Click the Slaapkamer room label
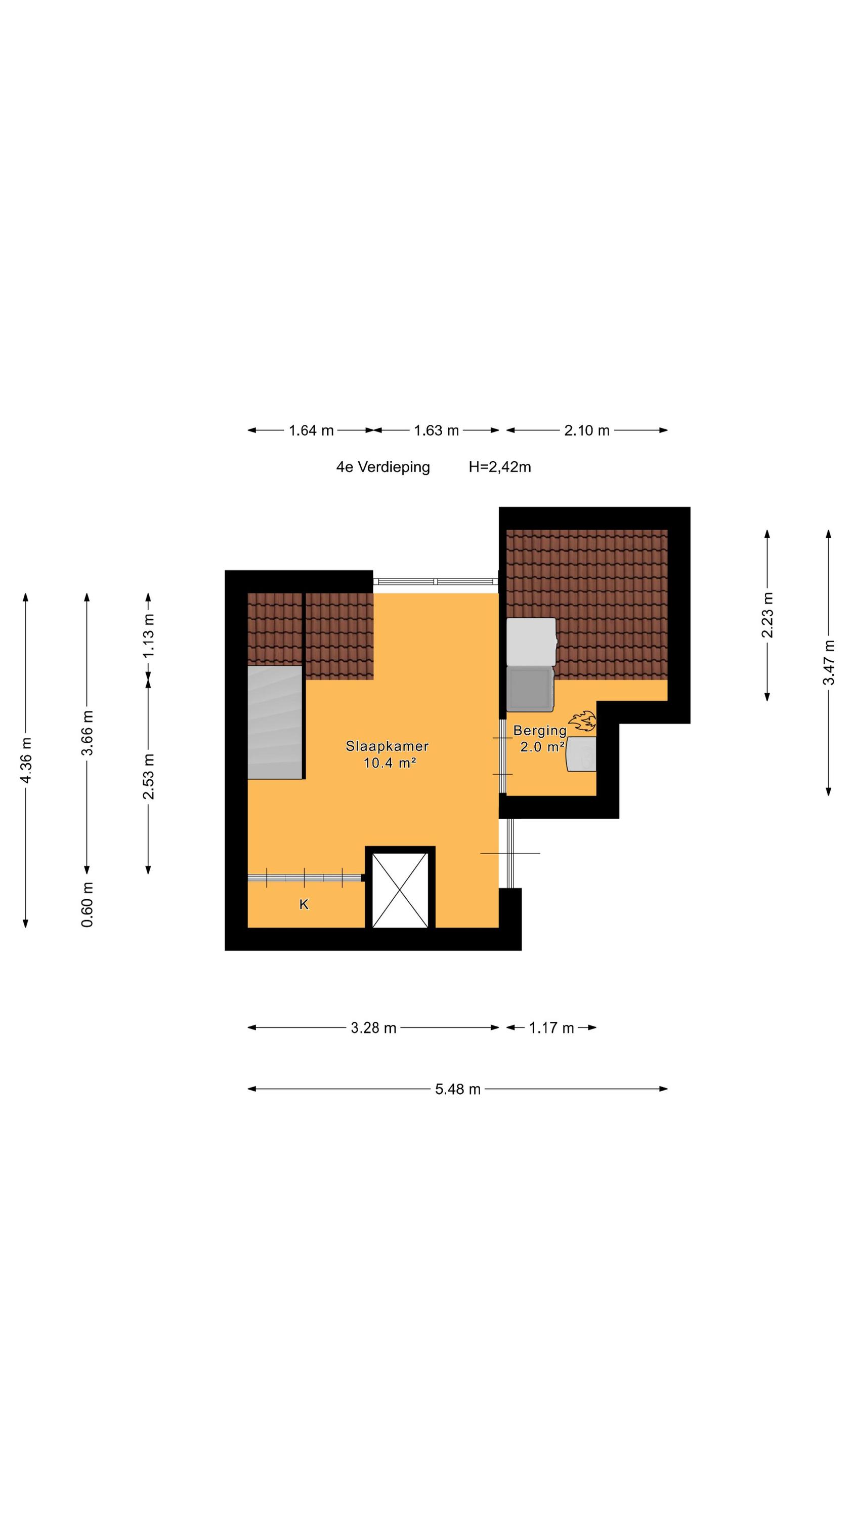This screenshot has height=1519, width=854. click(x=387, y=746)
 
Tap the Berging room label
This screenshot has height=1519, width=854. click(x=540, y=731)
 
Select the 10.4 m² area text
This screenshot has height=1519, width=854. click(x=390, y=763)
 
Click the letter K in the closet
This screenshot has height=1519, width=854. click(x=304, y=904)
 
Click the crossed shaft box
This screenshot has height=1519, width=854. click(x=400, y=891)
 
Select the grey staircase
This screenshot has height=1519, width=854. click(x=275, y=723)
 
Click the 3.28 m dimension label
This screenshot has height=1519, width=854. click(x=374, y=1028)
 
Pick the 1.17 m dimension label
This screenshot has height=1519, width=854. click(x=551, y=1028)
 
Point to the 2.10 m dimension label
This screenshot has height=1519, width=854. click(x=586, y=430)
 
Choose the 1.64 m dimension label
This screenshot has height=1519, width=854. click(x=311, y=430)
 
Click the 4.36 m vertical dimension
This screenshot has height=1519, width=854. click(x=26, y=761)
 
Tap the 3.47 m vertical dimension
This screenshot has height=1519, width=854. click(x=829, y=663)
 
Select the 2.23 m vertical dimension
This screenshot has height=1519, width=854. click(x=767, y=615)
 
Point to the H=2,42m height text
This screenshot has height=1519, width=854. click(x=500, y=467)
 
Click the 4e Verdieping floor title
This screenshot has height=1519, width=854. click(x=383, y=467)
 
